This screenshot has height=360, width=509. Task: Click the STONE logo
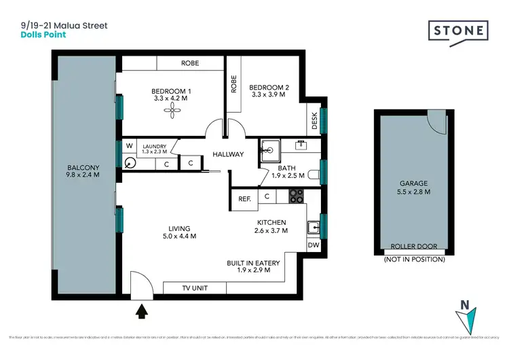click(x=458, y=31)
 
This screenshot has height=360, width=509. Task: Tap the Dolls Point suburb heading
click(x=43, y=35)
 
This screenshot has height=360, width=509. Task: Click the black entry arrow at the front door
click(x=142, y=312)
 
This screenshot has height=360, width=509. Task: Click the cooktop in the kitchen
click(x=297, y=196)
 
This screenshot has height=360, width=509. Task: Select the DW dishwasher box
click(x=313, y=245)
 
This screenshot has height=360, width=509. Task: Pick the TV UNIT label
click(x=195, y=288)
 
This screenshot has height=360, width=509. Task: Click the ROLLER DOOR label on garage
click(x=414, y=247)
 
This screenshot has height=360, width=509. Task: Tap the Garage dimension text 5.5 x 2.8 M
click(x=414, y=192)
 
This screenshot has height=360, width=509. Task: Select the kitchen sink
click(x=313, y=227)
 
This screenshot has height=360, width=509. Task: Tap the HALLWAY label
click(x=228, y=154)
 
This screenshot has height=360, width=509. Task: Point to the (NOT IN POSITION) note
click(x=414, y=259)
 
